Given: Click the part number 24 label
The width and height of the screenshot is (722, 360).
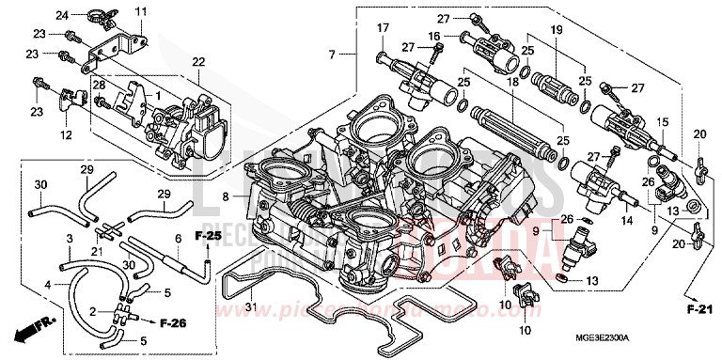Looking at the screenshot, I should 61,15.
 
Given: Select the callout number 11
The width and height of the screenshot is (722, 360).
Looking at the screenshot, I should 142,11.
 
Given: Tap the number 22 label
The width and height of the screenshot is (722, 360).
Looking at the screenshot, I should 197,62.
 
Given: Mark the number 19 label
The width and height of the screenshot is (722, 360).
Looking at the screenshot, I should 556,31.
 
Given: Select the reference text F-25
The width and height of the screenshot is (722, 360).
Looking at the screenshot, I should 208,234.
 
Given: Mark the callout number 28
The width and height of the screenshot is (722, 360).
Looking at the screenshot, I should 97,86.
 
